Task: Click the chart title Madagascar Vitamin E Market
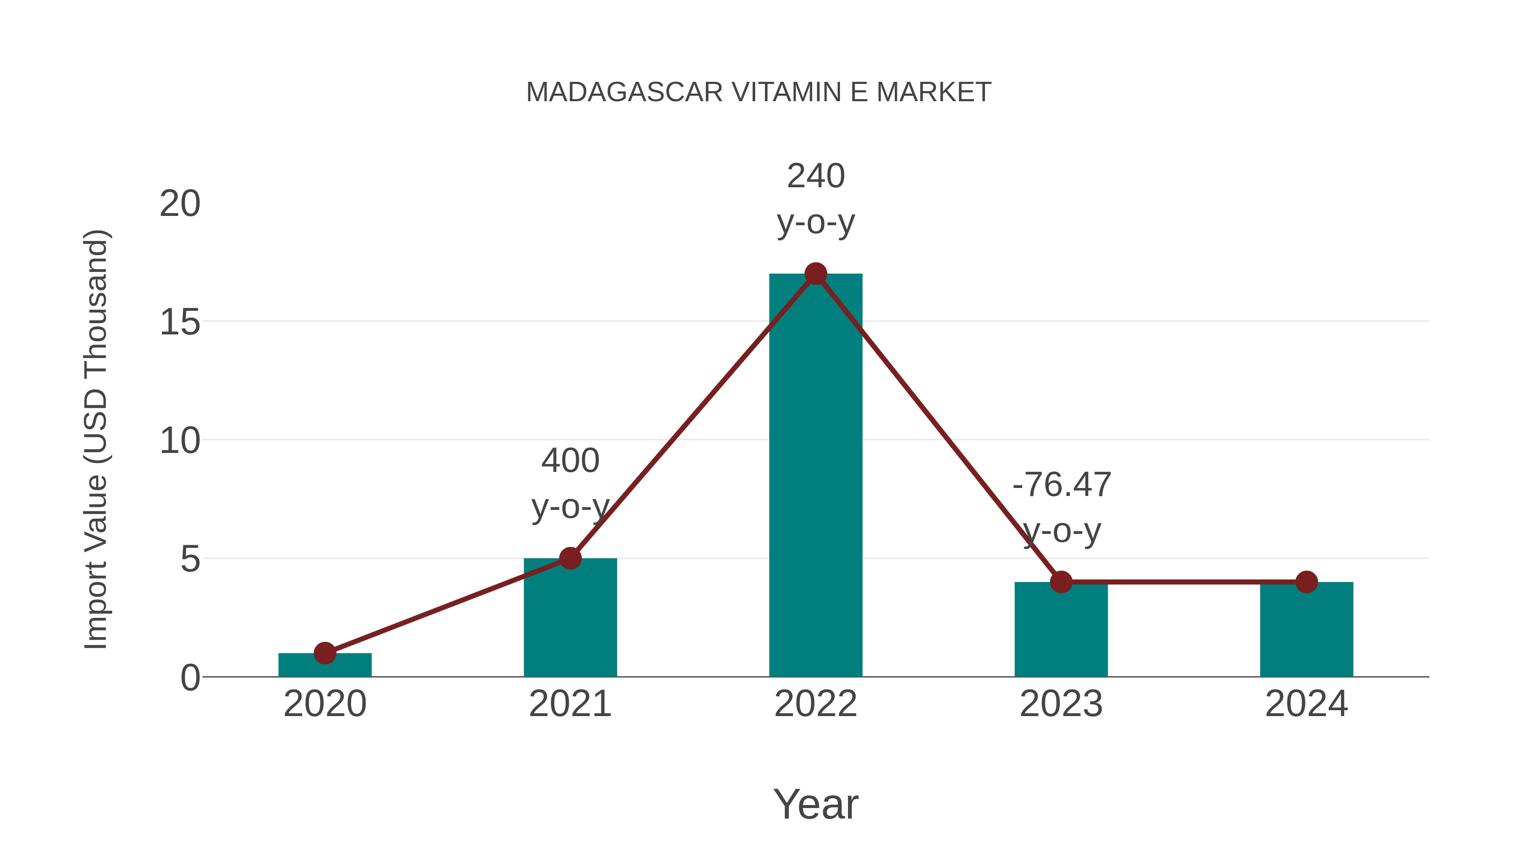point(759,92)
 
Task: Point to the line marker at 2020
point(325,652)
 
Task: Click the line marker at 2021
point(570,558)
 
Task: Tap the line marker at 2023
point(1061,582)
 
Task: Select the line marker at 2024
point(1306,582)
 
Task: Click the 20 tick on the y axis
point(180,204)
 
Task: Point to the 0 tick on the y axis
point(190,678)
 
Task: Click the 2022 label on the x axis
point(816,704)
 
